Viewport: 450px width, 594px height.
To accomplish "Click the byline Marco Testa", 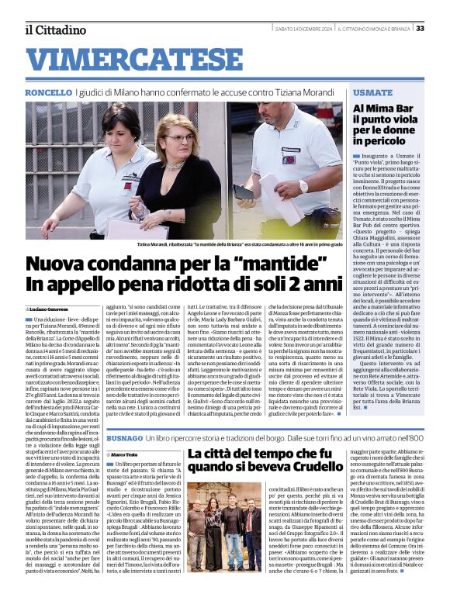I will pyautogui.click(x=126, y=454).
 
